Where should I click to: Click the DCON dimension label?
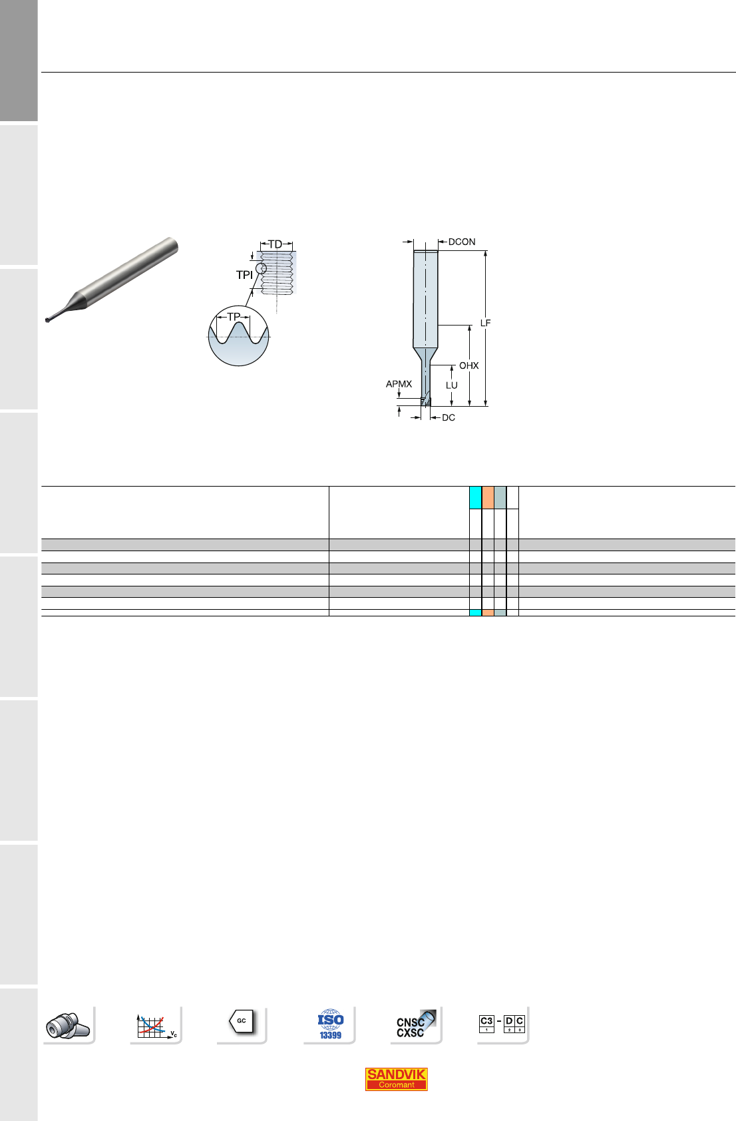point(461,242)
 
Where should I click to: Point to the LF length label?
point(485,324)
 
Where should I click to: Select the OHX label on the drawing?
point(469,366)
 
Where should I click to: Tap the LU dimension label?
point(451,385)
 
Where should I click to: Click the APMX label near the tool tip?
point(399,384)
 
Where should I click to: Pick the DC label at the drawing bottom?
point(449,418)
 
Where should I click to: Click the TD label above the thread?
point(276,244)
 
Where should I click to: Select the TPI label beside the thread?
point(245,275)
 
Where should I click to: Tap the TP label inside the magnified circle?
point(234,317)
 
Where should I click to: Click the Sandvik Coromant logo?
point(396,1079)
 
